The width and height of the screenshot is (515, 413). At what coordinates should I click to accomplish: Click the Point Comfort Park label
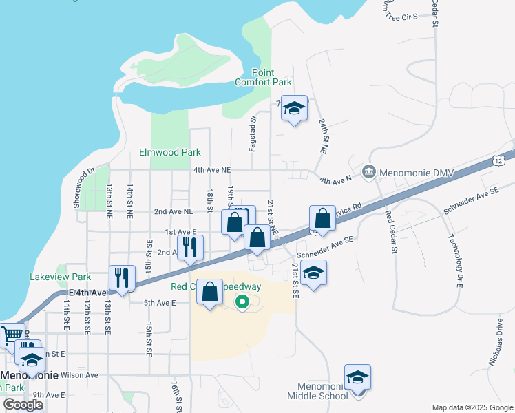[x=263, y=77]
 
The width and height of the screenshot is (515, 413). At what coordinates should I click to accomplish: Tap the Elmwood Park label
[x=169, y=152]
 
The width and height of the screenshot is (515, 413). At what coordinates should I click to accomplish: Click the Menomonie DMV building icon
[x=368, y=171]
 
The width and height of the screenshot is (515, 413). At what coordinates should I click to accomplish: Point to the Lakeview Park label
[x=61, y=277]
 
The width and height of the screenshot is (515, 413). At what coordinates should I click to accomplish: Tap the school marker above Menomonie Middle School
[x=357, y=378]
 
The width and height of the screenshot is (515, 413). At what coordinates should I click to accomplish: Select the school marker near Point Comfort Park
[x=294, y=109]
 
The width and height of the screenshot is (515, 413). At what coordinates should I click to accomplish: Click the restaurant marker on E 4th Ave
[x=122, y=278]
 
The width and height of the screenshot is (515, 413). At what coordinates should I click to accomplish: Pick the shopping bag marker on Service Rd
[x=322, y=219]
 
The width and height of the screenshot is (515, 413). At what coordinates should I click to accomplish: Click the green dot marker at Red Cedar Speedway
[x=242, y=301]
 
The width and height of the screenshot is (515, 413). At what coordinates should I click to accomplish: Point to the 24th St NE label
[x=323, y=135]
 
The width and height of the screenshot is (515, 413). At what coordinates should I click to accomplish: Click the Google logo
[x=23, y=405]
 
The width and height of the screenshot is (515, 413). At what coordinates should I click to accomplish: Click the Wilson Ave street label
[x=80, y=375]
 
